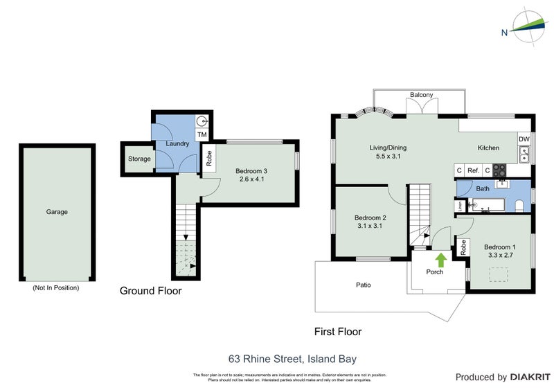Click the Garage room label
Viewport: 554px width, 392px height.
pyautogui.click(x=57, y=212)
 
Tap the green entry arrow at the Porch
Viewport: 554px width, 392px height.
pyautogui.click(x=440, y=260)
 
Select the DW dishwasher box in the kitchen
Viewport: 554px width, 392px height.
pyautogui.click(x=524, y=139)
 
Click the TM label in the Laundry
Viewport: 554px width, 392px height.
pyautogui.click(x=202, y=134)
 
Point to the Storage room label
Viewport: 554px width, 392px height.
pyautogui.click(x=138, y=159)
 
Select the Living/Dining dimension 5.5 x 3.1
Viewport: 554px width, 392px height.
pyautogui.click(x=387, y=157)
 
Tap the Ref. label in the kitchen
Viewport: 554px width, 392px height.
pyautogui.click(x=474, y=170)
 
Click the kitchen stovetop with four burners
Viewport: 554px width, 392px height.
pyautogui.click(x=501, y=170)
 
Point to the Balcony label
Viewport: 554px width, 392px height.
pyautogui.click(x=421, y=95)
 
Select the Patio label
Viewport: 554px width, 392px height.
pyautogui.click(x=364, y=285)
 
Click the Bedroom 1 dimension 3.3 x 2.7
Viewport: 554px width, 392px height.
pyautogui.click(x=499, y=256)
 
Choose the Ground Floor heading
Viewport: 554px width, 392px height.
pyautogui.click(x=150, y=291)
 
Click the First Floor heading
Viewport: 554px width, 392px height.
pyautogui.click(x=337, y=332)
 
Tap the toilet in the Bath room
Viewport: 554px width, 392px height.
pyautogui.click(x=519, y=204)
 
